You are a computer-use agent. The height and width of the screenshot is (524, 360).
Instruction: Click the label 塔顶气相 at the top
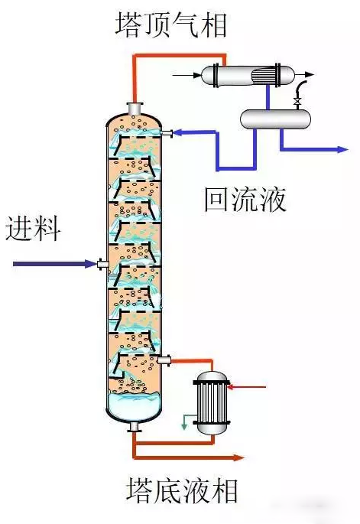[x=171, y=24]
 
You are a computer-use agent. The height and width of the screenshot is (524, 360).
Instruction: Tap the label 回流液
[x=245, y=200]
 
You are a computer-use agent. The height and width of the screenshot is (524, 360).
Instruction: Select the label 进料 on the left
[x=33, y=229]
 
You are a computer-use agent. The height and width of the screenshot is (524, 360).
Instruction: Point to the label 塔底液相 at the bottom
[x=183, y=490]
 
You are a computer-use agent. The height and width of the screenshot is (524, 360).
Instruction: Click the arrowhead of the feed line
[x=91, y=264]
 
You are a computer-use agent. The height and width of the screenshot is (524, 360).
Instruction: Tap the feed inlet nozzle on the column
[x=102, y=264]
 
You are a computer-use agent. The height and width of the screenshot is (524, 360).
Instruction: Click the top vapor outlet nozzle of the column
[x=135, y=109]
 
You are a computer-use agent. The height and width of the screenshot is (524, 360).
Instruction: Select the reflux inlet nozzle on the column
[x=166, y=133]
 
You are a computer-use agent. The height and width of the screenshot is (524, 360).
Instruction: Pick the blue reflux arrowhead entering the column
[x=177, y=132]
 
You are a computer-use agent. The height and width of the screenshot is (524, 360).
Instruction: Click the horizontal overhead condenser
[x=248, y=76]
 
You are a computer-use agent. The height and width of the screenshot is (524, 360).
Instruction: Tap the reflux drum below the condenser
[x=275, y=119]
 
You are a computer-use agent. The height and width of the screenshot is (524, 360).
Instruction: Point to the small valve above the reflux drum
[x=297, y=100]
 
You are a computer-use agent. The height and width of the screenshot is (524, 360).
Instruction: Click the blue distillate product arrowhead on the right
[x=342, y=149]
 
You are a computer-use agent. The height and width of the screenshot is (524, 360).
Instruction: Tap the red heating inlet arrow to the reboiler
[x=247, y=387]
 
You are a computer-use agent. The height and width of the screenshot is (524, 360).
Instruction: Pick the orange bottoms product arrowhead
[x=238, y=457]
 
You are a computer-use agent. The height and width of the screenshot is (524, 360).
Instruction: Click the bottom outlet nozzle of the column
[x=135, y=427]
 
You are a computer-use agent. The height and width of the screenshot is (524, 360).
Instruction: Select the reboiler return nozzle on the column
[x=164, y=360]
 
